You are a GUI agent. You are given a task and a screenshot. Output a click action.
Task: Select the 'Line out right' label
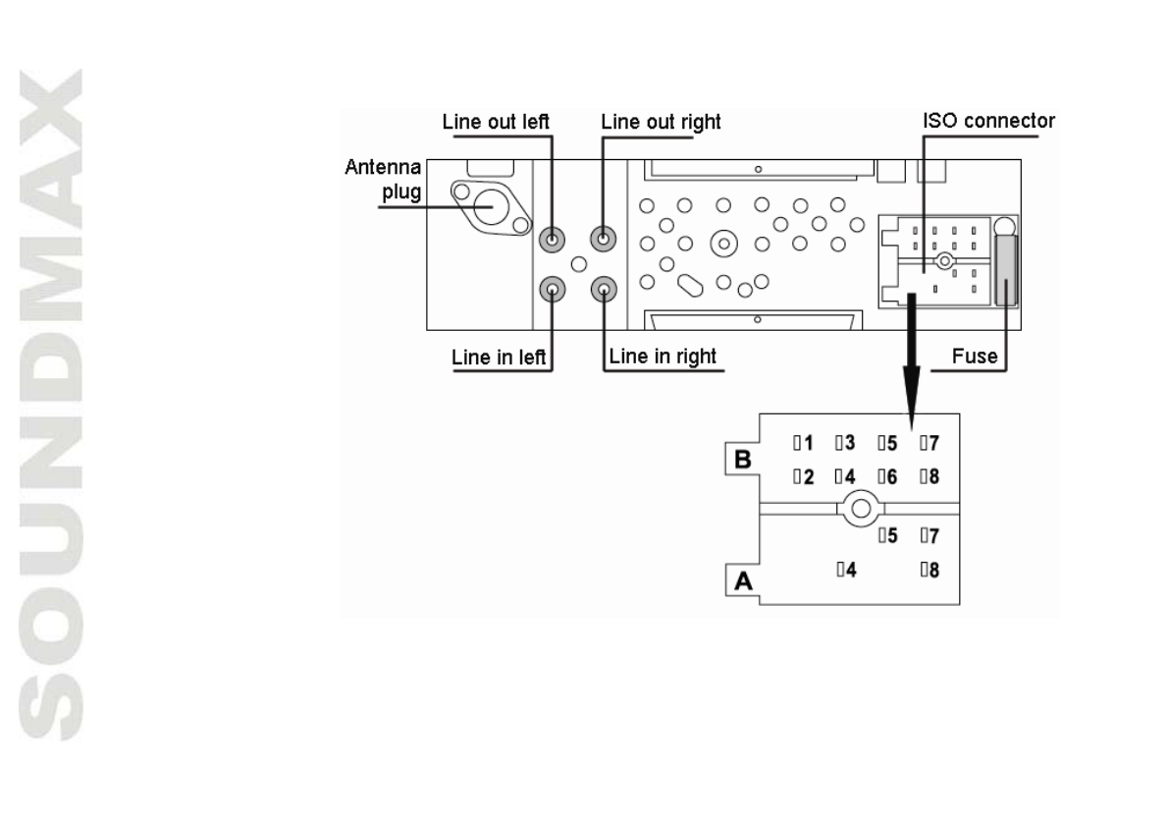661,123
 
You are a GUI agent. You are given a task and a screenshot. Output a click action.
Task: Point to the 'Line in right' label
663,357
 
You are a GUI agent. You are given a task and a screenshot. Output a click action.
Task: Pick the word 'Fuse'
977,357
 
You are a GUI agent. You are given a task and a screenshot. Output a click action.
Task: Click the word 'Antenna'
385,173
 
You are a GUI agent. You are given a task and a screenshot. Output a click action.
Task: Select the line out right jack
603,238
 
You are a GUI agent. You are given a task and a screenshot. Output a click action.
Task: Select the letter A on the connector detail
744,581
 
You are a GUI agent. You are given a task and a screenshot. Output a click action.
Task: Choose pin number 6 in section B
887,476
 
